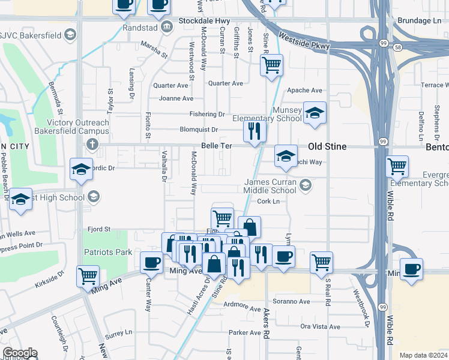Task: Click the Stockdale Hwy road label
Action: (x=205, y=20)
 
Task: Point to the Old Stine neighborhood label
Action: (x=327, y=146)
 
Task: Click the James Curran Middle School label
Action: (x=270, y=186)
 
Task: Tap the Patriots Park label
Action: (x=107, y=252)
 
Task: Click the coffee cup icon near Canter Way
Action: (x=151, y=262)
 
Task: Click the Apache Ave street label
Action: (x=305, y=91)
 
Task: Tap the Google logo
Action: (x=20, y=353)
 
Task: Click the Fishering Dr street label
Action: (x=206, y=114)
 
